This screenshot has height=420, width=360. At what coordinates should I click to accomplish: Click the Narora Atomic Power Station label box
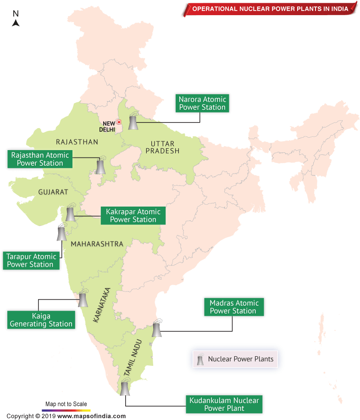click(202, 103)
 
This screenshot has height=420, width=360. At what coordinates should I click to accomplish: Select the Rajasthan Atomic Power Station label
click(40, 159)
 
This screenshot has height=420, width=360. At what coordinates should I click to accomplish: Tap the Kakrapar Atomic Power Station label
click(133, 215)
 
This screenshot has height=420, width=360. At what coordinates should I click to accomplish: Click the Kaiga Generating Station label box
click(41, 320)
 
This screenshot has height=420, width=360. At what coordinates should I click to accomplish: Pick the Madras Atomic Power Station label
click(234, 307)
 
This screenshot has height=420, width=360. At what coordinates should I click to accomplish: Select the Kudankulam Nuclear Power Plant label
click(224, 404)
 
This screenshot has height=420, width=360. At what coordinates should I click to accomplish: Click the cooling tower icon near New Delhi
click(133, 122)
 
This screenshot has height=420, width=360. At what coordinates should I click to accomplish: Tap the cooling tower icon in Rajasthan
click(100, 166)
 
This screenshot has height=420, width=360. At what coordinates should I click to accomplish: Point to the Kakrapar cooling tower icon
click(70, 213)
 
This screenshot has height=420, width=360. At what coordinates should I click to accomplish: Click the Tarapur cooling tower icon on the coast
click(61, 233)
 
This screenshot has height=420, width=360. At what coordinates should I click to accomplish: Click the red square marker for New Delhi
click(119, 122)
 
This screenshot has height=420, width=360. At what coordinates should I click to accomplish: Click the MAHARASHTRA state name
click(97, 244)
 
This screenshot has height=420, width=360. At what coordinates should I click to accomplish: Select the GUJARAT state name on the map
click(53, 191)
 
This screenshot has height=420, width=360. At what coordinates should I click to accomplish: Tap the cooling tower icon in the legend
click(200, 359)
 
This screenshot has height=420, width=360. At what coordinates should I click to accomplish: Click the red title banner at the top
click(271, 8)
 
